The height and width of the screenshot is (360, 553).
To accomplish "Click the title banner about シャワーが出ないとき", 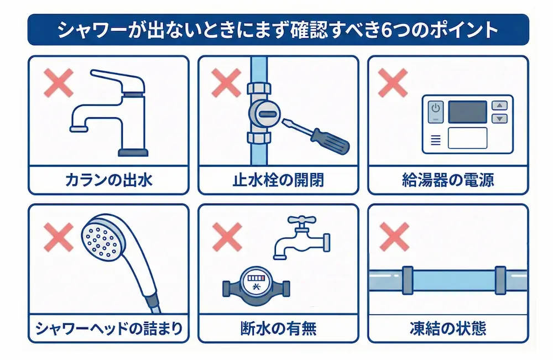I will [x=276, y=29].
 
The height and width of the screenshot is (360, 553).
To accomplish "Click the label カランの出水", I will [x=108, y=180].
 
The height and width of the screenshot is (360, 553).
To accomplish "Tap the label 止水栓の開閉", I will [x=278, y=180].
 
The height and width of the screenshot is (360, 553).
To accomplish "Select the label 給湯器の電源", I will [x=448, y=180].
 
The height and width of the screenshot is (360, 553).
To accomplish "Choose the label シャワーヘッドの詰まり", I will [x=108, y=328].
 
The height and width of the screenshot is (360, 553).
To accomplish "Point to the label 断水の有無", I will [x=278, y=328].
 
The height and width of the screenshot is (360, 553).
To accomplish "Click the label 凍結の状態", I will [x=448, y=328].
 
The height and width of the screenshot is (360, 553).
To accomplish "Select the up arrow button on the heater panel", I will [x=499, y=105].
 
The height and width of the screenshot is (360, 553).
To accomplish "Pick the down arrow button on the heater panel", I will [x=499, y=118].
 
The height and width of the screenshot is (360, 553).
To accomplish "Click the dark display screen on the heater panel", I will [x=467, y=112].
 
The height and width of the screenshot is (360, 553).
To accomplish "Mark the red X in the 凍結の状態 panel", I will [x=394, y=237].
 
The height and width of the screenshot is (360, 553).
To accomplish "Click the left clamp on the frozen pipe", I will [x=408, y=280].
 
